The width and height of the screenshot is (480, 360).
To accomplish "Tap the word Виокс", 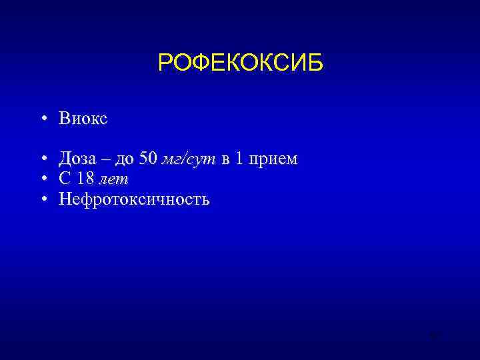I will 83,119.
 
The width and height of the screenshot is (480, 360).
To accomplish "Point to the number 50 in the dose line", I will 149,159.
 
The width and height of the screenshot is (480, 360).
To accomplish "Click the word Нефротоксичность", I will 134,199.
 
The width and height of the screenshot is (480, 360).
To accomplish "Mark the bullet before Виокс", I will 42,119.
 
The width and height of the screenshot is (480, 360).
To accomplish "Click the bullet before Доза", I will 42,160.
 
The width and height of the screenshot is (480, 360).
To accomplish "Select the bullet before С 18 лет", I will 42,179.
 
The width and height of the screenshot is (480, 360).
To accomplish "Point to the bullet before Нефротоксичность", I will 42,199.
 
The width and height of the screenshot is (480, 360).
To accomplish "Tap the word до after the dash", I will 125,160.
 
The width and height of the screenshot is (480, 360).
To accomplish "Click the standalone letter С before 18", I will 64,179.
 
